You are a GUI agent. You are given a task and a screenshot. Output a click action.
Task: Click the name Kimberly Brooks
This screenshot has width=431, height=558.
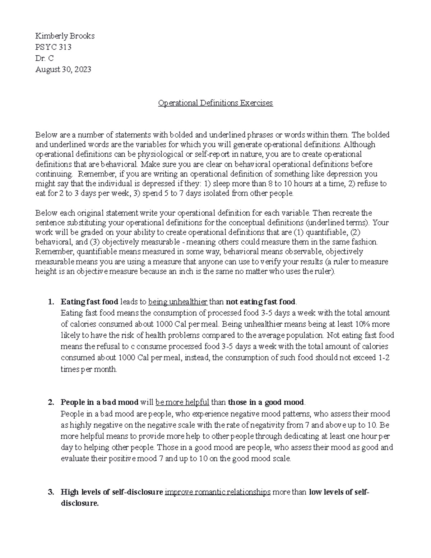65,36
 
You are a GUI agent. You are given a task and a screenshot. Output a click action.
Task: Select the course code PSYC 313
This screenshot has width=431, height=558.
53,47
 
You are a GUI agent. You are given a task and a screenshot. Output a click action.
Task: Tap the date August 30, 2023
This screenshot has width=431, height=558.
63,69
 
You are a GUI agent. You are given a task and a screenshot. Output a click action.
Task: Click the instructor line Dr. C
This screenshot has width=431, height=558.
44,58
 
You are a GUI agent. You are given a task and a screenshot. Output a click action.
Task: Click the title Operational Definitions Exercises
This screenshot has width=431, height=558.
215,103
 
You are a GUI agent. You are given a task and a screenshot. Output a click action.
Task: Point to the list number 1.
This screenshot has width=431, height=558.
50,301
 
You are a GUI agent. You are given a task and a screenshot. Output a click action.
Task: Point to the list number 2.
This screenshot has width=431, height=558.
50,402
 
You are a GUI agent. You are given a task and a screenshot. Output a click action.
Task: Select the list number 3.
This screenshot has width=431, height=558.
50,492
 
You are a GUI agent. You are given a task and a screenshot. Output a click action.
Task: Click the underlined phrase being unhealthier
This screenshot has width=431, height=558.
178,301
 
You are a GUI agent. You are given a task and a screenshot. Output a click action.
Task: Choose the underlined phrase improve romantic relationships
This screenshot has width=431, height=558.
217,492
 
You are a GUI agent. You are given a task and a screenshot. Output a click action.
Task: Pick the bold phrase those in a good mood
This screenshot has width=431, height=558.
266,402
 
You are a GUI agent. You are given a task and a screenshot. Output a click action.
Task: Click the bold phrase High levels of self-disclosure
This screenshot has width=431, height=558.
112,492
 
